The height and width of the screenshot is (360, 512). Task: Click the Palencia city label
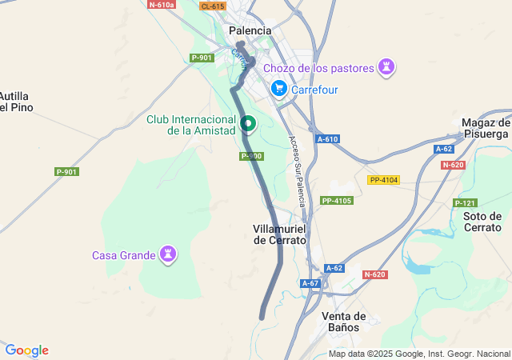click(x=250, y=31)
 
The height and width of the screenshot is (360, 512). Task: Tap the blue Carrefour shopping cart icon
click(x=278, y=89)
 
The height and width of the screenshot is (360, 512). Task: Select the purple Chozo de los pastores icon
click(x=386, y=67)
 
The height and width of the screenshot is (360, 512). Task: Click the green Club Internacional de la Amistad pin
click(x=248, y=124)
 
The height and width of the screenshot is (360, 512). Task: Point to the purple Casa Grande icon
click(x=168, y=255)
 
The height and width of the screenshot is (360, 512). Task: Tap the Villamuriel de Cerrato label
click(x=280, y=234)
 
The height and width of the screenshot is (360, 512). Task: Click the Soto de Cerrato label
click(x=482, y=222)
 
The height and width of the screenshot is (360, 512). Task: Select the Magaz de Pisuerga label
click(x=486, y=128)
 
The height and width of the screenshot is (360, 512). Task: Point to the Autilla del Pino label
click(x=16, y=101)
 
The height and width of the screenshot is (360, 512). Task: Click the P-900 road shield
click(x=251, y=156)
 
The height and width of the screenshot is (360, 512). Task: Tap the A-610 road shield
click(x=327, y=139)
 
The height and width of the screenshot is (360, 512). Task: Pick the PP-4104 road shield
click(x=383, y=180)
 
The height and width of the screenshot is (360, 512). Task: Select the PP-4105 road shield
click(x=337, y=200)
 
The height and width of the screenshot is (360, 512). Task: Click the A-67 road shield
click(x=310, y=283)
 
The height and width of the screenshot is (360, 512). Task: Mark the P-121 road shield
click(x=465, y=203)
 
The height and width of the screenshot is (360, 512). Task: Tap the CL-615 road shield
click(x=213, y=6)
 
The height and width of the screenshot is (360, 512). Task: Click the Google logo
click(x=26, y=350)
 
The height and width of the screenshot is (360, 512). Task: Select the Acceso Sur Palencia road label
click(x=297, y=170)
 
